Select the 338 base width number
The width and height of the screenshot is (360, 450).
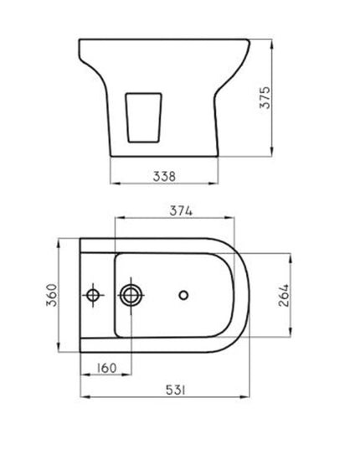coord(165,176)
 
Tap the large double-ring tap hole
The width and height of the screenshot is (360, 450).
coord(132,295)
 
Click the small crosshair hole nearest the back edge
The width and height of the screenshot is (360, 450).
coord(93,295)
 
